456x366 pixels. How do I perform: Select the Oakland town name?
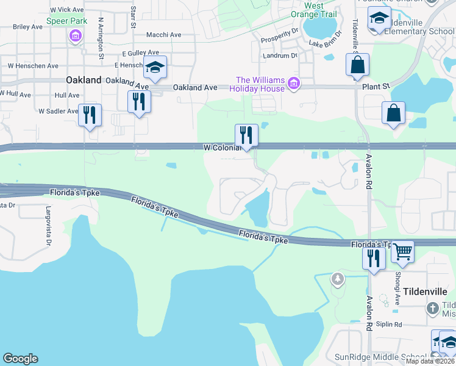84,80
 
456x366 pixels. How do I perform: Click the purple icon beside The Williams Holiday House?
294,83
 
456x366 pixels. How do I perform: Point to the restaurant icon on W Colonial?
246,135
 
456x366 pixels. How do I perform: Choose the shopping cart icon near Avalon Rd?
402,251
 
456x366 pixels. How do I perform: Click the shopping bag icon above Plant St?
357,65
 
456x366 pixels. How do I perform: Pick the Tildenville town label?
426,292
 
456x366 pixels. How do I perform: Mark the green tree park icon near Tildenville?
338,279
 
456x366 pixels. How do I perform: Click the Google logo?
21,359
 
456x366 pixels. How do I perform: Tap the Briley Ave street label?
27,27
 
